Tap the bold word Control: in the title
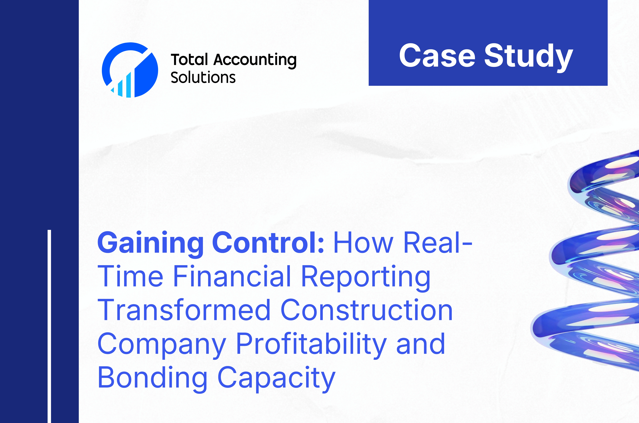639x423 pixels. tap(268, 242)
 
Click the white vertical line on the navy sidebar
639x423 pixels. tap(49, 326)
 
